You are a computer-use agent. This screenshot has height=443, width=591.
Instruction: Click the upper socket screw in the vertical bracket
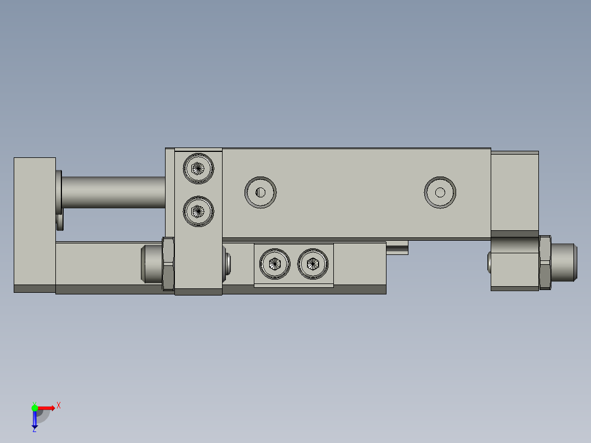198,168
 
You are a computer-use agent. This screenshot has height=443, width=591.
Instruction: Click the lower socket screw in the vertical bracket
198,211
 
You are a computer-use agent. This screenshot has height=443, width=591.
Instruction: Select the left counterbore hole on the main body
260,192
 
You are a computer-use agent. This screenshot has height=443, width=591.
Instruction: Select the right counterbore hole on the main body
440,192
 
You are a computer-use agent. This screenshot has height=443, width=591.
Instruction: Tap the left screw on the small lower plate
275,264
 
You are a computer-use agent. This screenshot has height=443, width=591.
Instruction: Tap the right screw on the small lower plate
313,264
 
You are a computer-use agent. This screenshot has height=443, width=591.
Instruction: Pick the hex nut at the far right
544,262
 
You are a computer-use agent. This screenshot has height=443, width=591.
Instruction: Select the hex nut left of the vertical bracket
168,263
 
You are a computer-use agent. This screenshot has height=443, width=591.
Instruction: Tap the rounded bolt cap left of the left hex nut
151,263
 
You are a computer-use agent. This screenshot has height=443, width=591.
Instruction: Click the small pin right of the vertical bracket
227,263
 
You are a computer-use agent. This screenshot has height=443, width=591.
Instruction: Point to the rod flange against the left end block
58,192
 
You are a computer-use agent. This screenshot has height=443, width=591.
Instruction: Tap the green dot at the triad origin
35,407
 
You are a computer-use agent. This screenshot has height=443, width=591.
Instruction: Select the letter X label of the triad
59,406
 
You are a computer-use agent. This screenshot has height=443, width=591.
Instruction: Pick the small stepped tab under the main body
397,248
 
